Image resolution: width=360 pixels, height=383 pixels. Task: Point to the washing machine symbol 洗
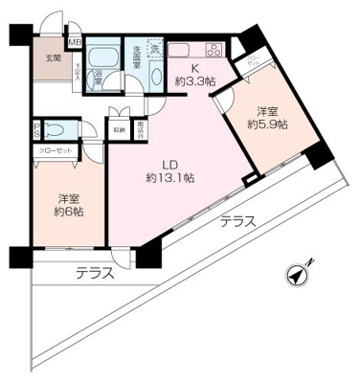[154, 46]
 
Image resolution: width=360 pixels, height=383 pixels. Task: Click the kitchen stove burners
[213, 50]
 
